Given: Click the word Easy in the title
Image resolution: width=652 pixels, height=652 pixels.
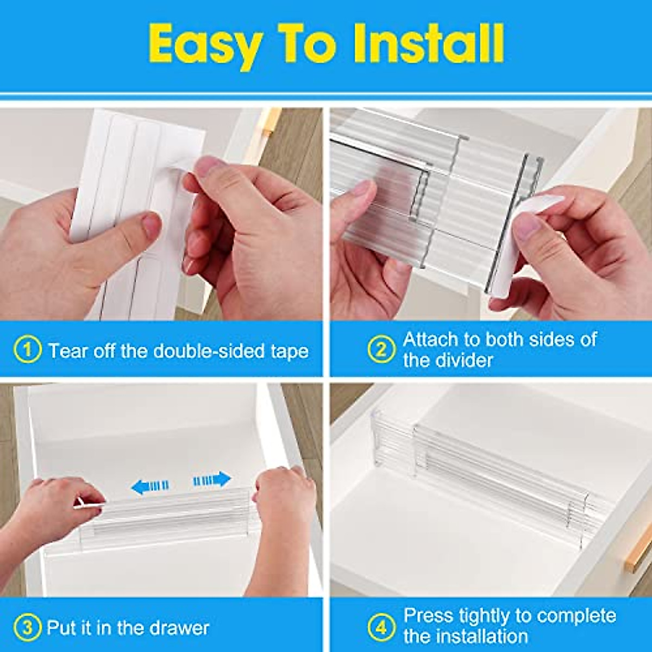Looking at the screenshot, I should pos(204,45).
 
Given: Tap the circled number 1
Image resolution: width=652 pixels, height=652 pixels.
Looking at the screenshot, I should pos(27,350).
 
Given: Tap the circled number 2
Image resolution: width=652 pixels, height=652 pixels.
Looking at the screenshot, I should pos(381,349).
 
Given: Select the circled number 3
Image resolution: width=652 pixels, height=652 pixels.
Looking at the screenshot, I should pos(27,628).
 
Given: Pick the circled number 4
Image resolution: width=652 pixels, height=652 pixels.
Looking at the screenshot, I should pos(381,628).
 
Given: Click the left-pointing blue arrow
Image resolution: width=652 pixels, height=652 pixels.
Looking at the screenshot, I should pos(150,486).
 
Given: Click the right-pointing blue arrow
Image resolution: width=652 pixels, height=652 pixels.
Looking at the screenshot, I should pos(212,480).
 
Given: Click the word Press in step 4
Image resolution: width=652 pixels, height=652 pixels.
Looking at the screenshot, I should pos(428,616).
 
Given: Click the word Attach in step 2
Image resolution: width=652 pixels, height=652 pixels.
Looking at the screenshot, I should pos(430,340).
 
